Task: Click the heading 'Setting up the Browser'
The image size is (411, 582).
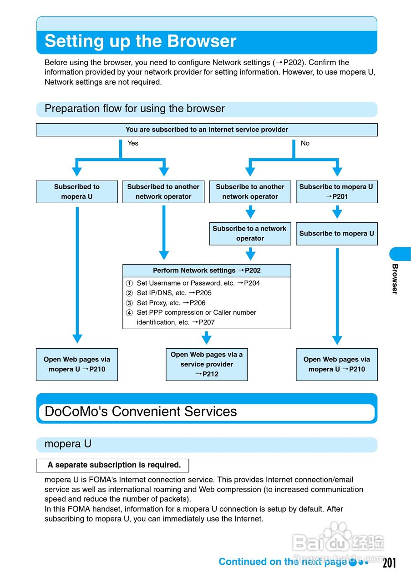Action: coord(140,41)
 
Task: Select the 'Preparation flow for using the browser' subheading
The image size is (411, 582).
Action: coord(135,109)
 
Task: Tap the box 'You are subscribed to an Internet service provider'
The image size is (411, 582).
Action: coord(207,130)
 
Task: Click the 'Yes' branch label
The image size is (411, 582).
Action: coord(133,143)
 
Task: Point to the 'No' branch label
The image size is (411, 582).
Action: coord(305,143)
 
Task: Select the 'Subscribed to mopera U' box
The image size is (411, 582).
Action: coord(77,191)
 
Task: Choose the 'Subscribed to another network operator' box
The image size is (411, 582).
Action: coord(163,191)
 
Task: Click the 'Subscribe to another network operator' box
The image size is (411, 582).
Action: coord(250,191)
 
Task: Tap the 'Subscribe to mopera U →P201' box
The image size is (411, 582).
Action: coord(336,191)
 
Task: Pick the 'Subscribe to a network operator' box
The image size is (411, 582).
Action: coord(250,233)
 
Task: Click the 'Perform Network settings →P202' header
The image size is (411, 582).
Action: coord(207,271)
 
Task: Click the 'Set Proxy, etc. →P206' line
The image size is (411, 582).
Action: coord(171,303)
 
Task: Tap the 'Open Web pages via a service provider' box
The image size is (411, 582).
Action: coord(207,364)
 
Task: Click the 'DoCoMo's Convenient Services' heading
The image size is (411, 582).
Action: coord(141,411)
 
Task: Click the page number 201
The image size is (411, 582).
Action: coord(389,563)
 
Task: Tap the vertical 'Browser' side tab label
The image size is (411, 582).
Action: coord(395,279)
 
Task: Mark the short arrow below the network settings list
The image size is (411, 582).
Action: coord(207,338)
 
